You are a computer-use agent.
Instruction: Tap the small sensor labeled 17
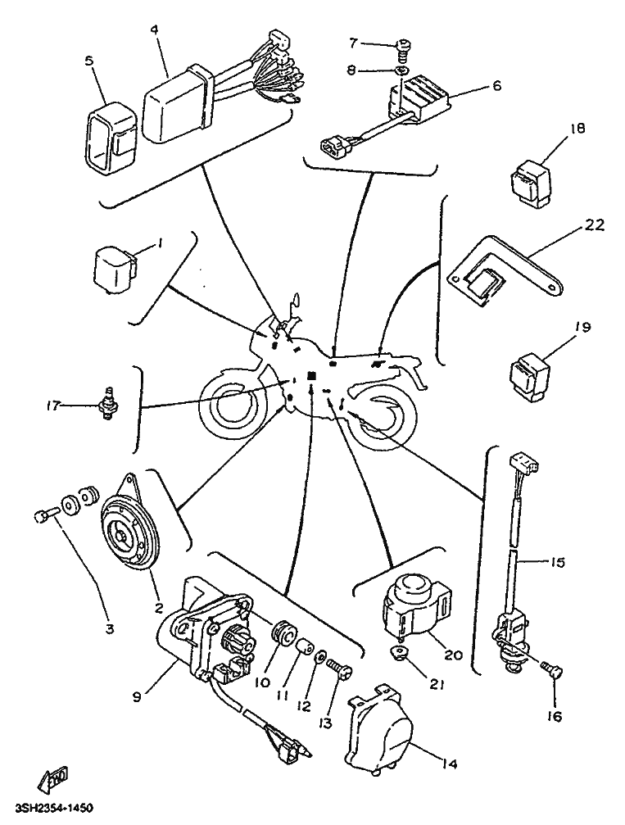coord(106,404)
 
